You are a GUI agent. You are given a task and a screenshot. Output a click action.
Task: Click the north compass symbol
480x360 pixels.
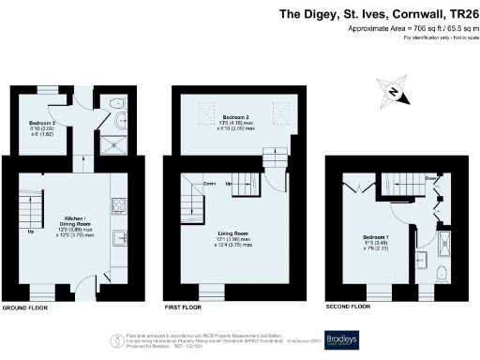[395, 92]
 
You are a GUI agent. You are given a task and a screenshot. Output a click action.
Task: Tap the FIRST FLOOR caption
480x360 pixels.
[184, 307]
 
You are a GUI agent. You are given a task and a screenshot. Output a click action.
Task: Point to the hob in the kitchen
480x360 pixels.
[119, 204]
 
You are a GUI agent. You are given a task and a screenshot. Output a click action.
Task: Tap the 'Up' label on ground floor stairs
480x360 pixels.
[31, 231]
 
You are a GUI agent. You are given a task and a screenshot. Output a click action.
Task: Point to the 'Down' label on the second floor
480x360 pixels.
[430, 177]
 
